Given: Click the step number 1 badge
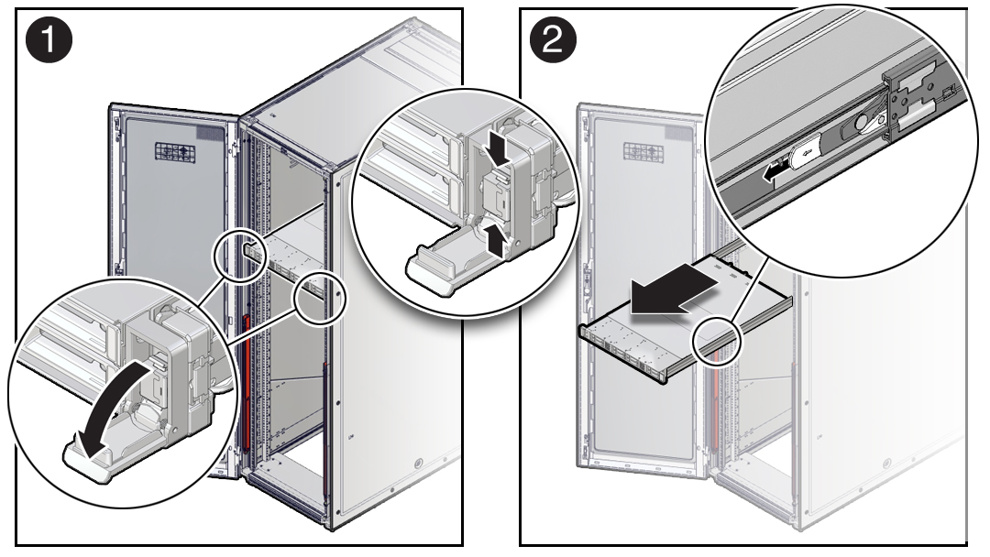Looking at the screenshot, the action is tap(49, 39).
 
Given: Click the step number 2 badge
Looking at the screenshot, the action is tap(553, 39).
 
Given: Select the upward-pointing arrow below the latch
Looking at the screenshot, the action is tap(498, 240).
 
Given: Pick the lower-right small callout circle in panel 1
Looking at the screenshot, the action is tap(321, 297).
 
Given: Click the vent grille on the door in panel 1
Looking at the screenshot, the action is tap(175, 152).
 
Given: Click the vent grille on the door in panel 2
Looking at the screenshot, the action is tap(644, 151).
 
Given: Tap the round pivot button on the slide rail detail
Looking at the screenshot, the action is tap(863, 123).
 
